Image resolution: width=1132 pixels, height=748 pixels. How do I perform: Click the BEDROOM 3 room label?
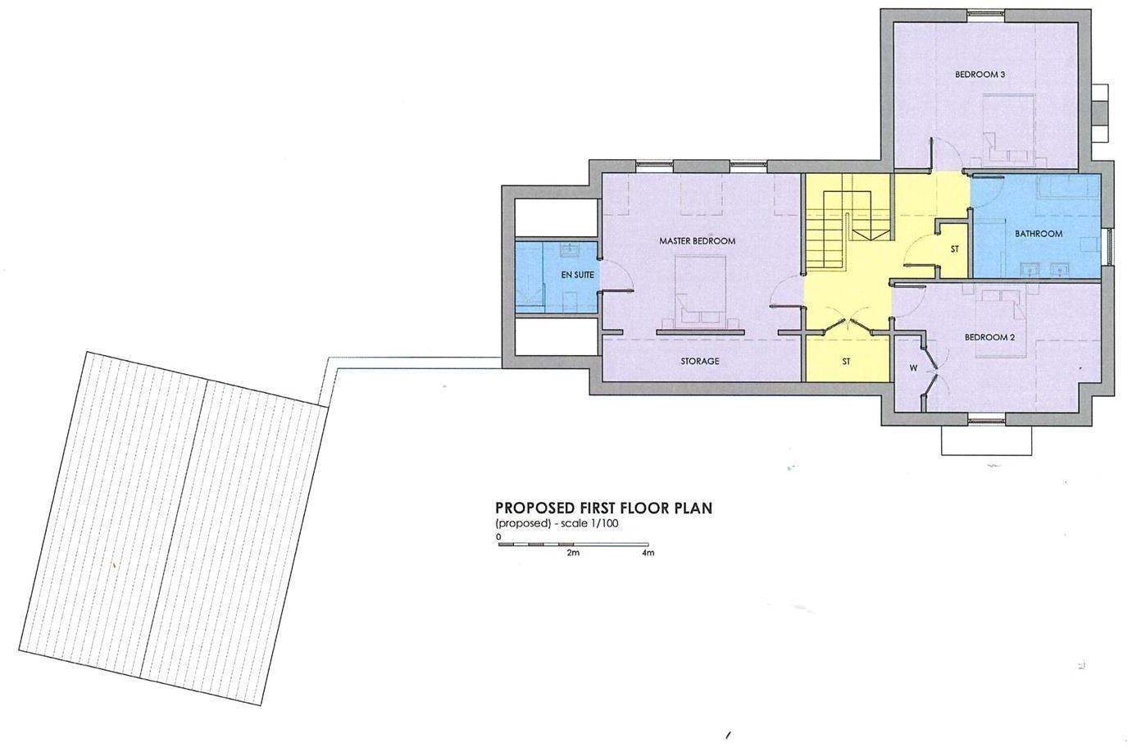[980, 74]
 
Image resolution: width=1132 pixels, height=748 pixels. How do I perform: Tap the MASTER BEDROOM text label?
[697, 241]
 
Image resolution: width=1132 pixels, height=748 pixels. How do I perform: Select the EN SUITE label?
[577, 276]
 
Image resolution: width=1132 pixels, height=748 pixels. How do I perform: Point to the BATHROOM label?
[1039, 234]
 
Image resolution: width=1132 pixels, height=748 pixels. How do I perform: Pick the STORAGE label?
[699, 361]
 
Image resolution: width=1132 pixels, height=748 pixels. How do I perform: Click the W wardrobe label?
[913, 367]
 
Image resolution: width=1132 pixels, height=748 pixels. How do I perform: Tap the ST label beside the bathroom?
[955, 249]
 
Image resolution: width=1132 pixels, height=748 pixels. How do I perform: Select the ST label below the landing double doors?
[846, 361]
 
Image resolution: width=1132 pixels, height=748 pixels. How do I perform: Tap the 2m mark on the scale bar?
[573, 554]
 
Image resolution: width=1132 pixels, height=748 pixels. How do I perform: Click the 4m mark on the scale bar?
[648, 554]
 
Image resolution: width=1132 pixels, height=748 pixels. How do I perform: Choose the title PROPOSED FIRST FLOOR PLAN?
[603, 508]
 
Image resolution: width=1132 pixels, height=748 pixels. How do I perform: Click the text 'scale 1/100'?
[591, 523]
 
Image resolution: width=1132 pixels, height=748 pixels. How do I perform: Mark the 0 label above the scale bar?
[498, 536]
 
